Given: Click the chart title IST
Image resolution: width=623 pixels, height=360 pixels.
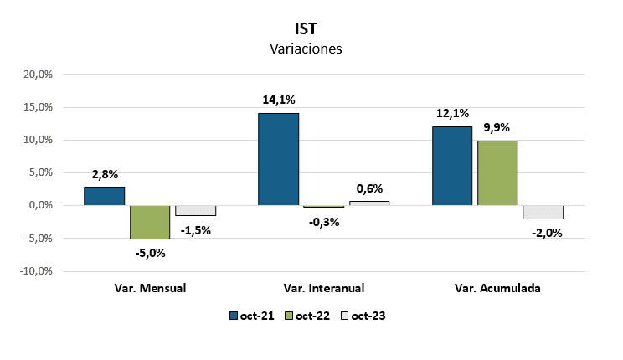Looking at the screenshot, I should click(306, 28).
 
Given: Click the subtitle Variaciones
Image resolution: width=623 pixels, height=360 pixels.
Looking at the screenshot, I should click(306, 49).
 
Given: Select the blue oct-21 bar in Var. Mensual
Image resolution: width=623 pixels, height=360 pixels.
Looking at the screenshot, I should click(105, 196).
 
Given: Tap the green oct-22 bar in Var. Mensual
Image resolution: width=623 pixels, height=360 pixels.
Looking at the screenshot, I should click(150, 222).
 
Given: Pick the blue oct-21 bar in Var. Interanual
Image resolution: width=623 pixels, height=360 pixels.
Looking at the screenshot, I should click(278, 159).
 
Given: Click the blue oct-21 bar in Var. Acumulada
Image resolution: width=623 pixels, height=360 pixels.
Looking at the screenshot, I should click(452, 166).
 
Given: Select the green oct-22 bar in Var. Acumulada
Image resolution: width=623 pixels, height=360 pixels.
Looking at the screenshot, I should click(497, 173).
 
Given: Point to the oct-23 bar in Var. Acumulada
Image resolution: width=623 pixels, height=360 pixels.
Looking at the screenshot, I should click(543, 212).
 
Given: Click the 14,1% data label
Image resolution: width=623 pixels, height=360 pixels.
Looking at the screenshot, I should click(279, 100).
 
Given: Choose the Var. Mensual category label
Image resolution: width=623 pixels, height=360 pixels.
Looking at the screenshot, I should click(150, 288).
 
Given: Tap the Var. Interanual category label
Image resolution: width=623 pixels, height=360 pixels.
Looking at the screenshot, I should click(324, 288).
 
